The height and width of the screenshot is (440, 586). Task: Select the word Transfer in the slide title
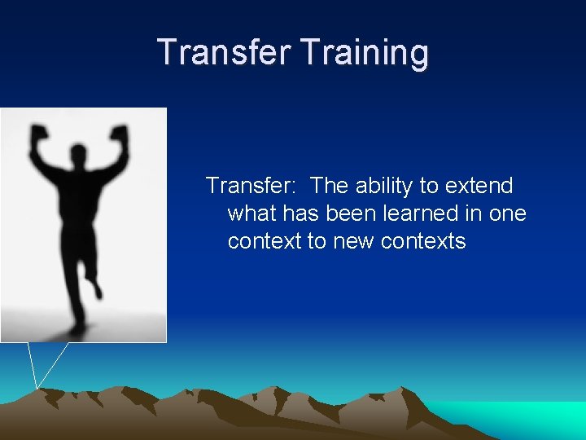pos(225,52)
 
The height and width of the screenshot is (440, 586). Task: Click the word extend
pos(479,186)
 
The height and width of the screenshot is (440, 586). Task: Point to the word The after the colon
pos(329,186)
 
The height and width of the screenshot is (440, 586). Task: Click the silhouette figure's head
pos(79,154)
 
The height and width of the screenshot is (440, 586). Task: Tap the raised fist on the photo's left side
pos(37,135)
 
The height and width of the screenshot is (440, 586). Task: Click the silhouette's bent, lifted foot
pos(97,288)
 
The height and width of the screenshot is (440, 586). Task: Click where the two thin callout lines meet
pos(37,388)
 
